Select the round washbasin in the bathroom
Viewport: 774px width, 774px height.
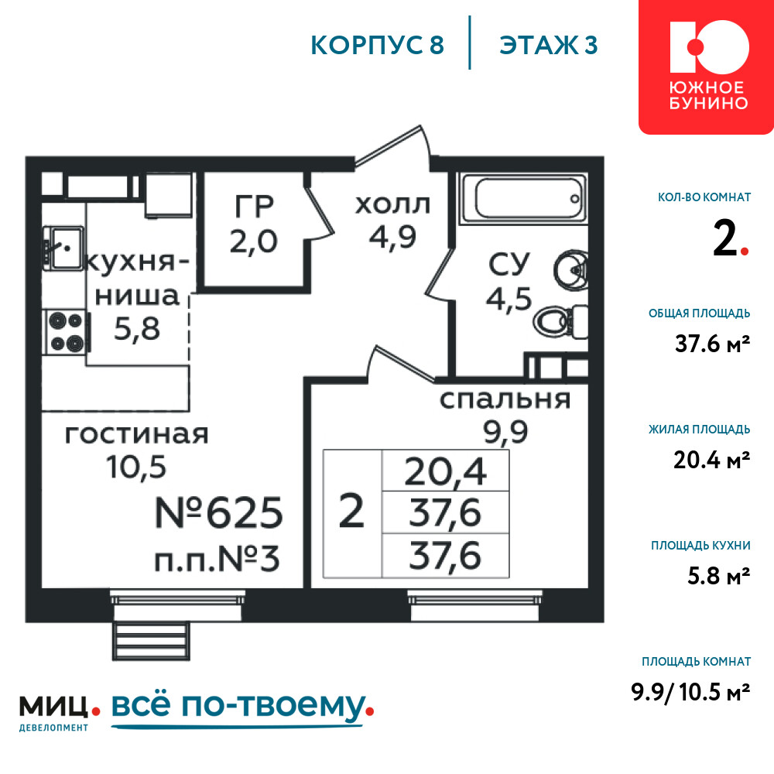point(570,269)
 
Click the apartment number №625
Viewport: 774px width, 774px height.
point(219,512)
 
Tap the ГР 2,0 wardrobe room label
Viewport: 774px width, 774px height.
point(254,224)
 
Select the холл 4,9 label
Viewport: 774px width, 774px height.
point(393,221)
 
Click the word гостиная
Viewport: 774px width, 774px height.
point(137,434)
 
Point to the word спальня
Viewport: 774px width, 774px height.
point(505,399)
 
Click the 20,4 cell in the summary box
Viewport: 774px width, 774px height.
point(445,471)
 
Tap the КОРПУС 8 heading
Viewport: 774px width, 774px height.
point(378,45)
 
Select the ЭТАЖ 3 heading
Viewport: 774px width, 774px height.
point(549,45)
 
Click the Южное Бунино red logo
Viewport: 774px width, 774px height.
point(707,67)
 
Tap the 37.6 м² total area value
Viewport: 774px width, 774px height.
point(712,344)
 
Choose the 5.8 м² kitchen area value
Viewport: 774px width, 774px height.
point(719,576)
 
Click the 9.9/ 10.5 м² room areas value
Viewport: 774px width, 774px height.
point(690,691)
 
